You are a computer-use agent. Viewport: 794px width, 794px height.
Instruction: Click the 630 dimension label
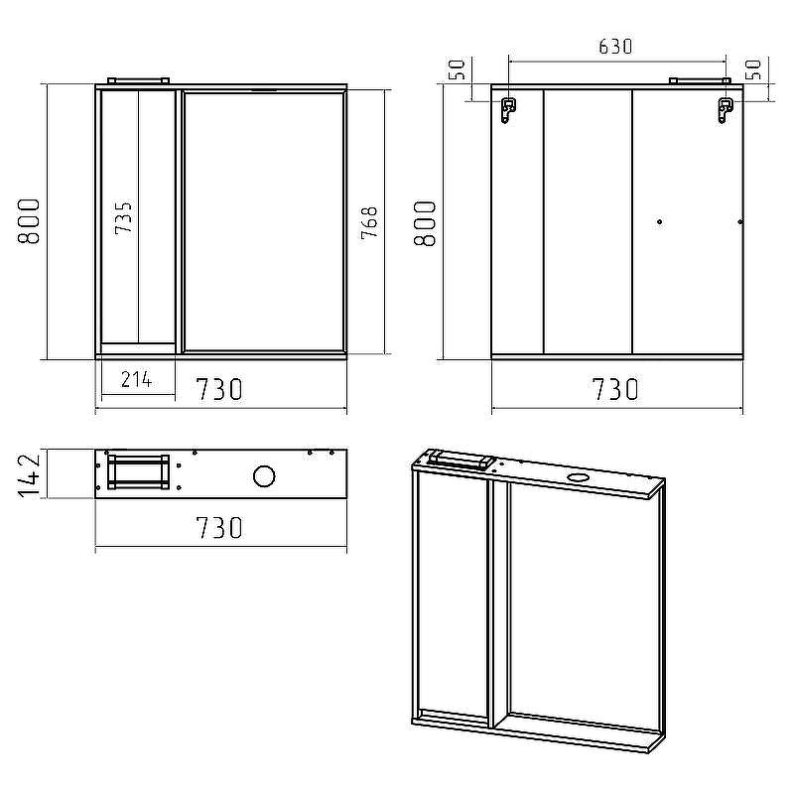click(615, 46)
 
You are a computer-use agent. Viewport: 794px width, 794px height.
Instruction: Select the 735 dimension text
click(124, 216)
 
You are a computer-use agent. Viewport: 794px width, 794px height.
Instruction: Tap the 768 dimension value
click(368, 223)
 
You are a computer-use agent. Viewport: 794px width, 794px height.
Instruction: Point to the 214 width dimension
click(136, 378)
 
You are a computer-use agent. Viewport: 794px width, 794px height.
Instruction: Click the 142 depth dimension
click(30, 474)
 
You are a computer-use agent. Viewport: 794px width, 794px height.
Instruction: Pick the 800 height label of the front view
click(29, 221)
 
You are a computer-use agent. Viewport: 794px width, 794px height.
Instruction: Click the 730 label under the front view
click(219, 389)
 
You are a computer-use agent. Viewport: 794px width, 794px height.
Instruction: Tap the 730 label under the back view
click(615, 389)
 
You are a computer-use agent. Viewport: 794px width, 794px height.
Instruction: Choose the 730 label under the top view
click(219, 527)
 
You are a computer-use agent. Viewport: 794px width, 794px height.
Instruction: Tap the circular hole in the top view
click(264, 476)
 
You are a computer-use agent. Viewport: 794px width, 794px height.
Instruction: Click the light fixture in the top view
click(138, 471)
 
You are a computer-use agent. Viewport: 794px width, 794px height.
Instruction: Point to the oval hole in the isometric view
click(577, 477)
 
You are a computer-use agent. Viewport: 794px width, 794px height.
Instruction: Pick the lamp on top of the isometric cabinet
click(461, 460)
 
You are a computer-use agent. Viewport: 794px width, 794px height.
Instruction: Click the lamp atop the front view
click(138, 79)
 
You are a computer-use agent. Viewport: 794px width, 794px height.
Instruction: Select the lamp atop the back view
click(700, 79)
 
